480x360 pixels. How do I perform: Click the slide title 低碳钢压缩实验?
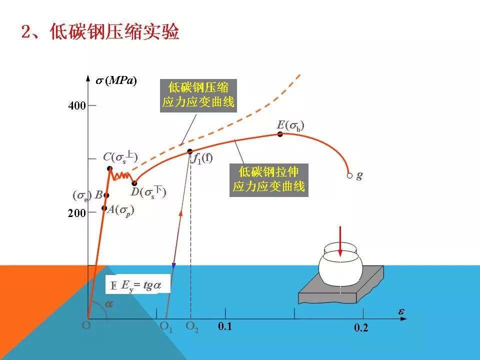[100, 32]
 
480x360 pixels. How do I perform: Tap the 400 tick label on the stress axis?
[77, 105]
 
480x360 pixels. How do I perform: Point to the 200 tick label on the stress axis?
[77, 213]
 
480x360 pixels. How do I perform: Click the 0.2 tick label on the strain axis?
[361, 328]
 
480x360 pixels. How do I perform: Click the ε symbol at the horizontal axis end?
[401, 311]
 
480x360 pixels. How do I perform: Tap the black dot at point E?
[280, 134]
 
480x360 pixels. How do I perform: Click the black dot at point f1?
[189, 151]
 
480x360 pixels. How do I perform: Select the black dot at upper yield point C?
[109, 168]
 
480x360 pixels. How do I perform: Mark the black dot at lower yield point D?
[134, 183]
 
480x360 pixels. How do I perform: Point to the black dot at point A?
[104, 208]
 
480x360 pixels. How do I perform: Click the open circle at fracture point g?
[349, 175]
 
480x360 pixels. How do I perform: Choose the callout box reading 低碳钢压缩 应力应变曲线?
[198, 95]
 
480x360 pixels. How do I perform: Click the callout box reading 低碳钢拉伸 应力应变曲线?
[268, 180]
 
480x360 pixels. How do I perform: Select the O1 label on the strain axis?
[166, 327]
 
